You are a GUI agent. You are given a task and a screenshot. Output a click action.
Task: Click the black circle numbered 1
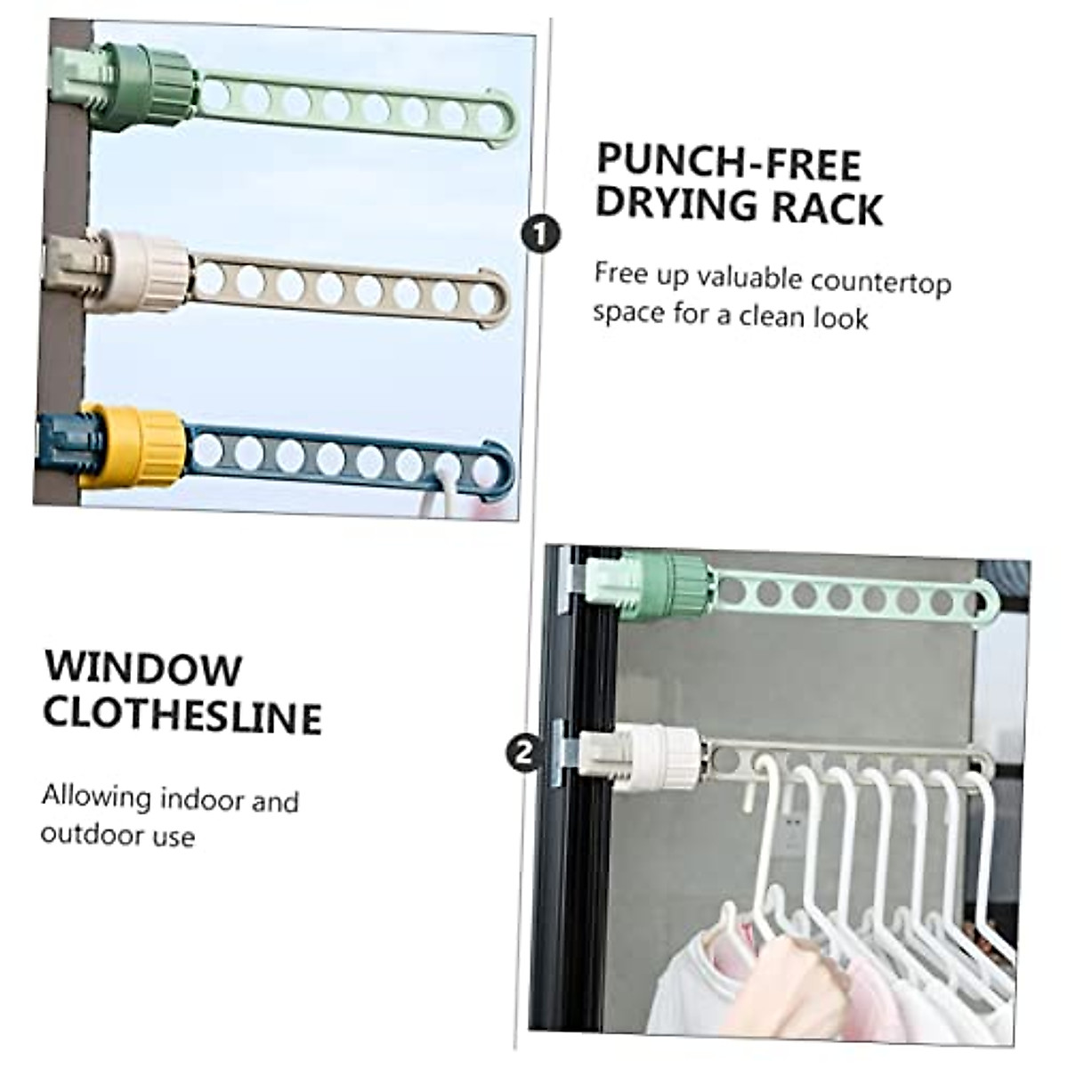coord(540,234)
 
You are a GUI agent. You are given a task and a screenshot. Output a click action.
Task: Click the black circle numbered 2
coord(522,754)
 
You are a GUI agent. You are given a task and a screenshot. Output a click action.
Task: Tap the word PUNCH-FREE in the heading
coord(728,164)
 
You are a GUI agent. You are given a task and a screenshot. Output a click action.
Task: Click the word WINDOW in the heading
coord(143,669)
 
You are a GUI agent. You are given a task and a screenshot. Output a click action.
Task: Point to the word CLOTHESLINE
coord(182,716)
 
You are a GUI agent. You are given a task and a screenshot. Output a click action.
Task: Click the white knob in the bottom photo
coord(659,757)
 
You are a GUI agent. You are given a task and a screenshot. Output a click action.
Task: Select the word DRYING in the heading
coord(676,206)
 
